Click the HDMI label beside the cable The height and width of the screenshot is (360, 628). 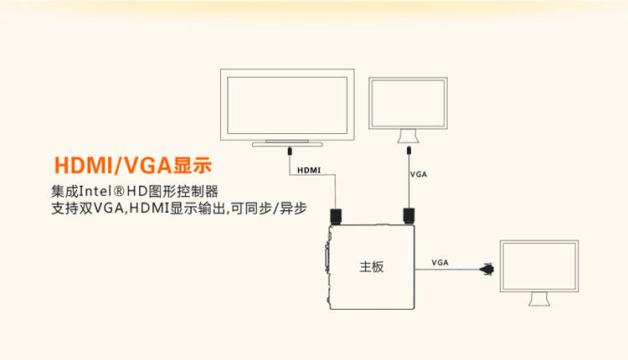coord(308,170)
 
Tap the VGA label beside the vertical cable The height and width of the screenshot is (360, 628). coord(419,175)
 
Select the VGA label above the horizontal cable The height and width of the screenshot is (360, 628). coord(440,262)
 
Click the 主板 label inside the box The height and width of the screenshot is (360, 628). coord(372,267)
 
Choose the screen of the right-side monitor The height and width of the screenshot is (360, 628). coord(538,267)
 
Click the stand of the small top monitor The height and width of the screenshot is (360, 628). coord(408,136)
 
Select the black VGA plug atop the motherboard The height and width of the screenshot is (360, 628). coord(409,216)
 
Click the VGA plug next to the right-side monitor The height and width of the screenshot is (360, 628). coord(487,269)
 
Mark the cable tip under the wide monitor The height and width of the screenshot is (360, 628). coord(289,152)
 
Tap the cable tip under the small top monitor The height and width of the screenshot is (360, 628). coord(408,152)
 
